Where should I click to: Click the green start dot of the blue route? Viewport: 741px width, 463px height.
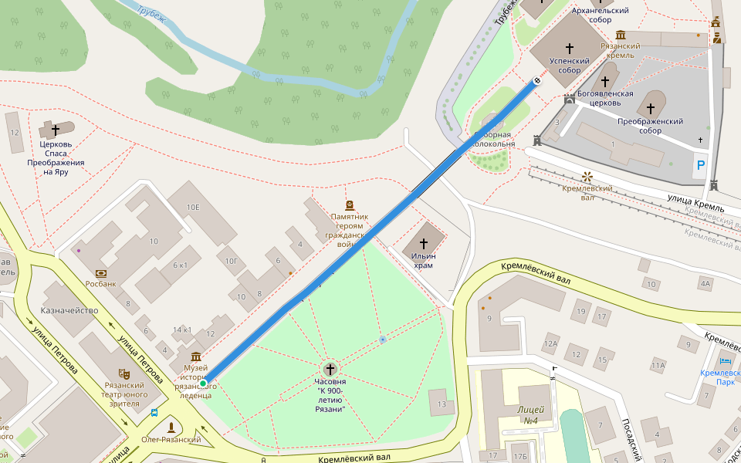(203, 384)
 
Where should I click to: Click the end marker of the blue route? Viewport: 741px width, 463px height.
(537, 79)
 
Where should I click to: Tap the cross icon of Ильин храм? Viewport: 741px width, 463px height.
(424, 243)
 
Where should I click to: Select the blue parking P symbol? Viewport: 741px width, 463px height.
(701, 165)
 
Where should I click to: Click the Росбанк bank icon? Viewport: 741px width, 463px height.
(101, 273)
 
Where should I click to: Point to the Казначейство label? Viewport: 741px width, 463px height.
(69, 310)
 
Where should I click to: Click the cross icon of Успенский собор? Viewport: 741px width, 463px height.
(570, 47)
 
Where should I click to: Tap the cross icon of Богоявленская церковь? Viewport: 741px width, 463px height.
(605, 81)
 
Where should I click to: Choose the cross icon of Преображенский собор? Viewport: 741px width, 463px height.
(651, 107)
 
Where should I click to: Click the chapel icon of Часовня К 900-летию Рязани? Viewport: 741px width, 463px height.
(330, 369)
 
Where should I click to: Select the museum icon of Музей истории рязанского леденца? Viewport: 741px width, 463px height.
(195, 356)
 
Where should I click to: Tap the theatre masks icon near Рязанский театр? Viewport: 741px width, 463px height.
(123, 373)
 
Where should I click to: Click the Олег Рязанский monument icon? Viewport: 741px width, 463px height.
(171, 427)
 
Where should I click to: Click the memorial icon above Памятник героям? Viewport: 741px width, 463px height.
(350, 205)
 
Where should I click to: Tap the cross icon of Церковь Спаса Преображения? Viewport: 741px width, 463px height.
(56, 130)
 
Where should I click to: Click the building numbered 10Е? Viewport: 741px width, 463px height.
(193, 207)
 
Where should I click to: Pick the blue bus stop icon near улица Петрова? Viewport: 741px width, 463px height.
(154, 413)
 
